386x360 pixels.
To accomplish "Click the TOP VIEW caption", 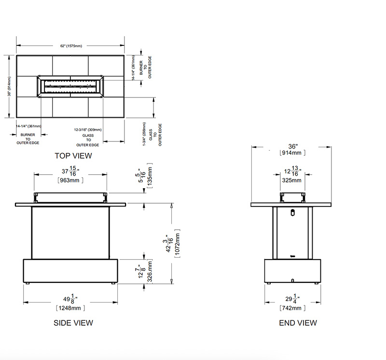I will point(73,156).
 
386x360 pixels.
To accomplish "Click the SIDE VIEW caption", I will point(73,323).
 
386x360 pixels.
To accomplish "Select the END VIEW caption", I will point(298,323).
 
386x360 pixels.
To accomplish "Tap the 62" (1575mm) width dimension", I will point(71,46).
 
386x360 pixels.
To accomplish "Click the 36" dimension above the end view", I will point(293,146).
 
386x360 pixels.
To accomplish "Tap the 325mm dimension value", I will point(292,180).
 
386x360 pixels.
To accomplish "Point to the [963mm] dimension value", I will point(70,180).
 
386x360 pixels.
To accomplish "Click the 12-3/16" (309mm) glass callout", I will point(88,130).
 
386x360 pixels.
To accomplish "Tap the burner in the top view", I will point(71,86).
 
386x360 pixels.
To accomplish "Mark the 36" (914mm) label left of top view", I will point(10,86).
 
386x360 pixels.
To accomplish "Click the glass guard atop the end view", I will point(293,196).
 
